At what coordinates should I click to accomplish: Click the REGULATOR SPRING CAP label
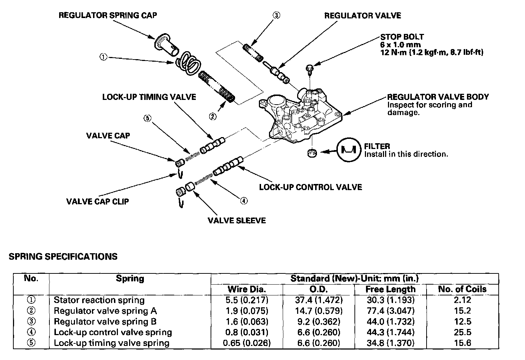pyautogui.click(x=108, y=15)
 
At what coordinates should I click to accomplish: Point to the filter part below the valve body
pyautogui.click(x=312, y=153)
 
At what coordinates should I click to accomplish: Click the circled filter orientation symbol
pyautogui.click(x=348, y=150)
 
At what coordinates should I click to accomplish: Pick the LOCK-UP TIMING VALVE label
pyautogui.click(x=149, y=97)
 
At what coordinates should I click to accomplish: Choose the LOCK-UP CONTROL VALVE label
pyautogui.click(x=310, y=187)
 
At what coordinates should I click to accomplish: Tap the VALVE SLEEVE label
pyautogui.click(x=237, y=220)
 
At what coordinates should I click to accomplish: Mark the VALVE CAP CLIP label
pyautogui.click(x=97, y=201)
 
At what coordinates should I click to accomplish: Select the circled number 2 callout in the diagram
pyautogui.click(x=213, y=116)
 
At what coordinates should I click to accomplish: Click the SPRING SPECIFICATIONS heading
pyautogui.click(x=63, y=256)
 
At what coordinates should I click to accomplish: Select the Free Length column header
pyautogui.click(x=391, y=289)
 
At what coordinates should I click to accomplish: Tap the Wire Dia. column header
pyautogui.click(x=247, y=289)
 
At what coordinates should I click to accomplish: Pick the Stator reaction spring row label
pyautogui.click(x=99, y=300)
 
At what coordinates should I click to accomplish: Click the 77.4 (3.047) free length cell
pyautogui.click(x=391, y=311)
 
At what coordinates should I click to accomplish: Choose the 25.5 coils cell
pyautogui.click(x=462, y=332)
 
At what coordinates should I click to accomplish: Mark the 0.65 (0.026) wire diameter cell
pyautogui.click(x=247, y=343)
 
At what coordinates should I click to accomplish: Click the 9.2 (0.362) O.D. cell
pyautogui.click(x=318, y=321)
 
